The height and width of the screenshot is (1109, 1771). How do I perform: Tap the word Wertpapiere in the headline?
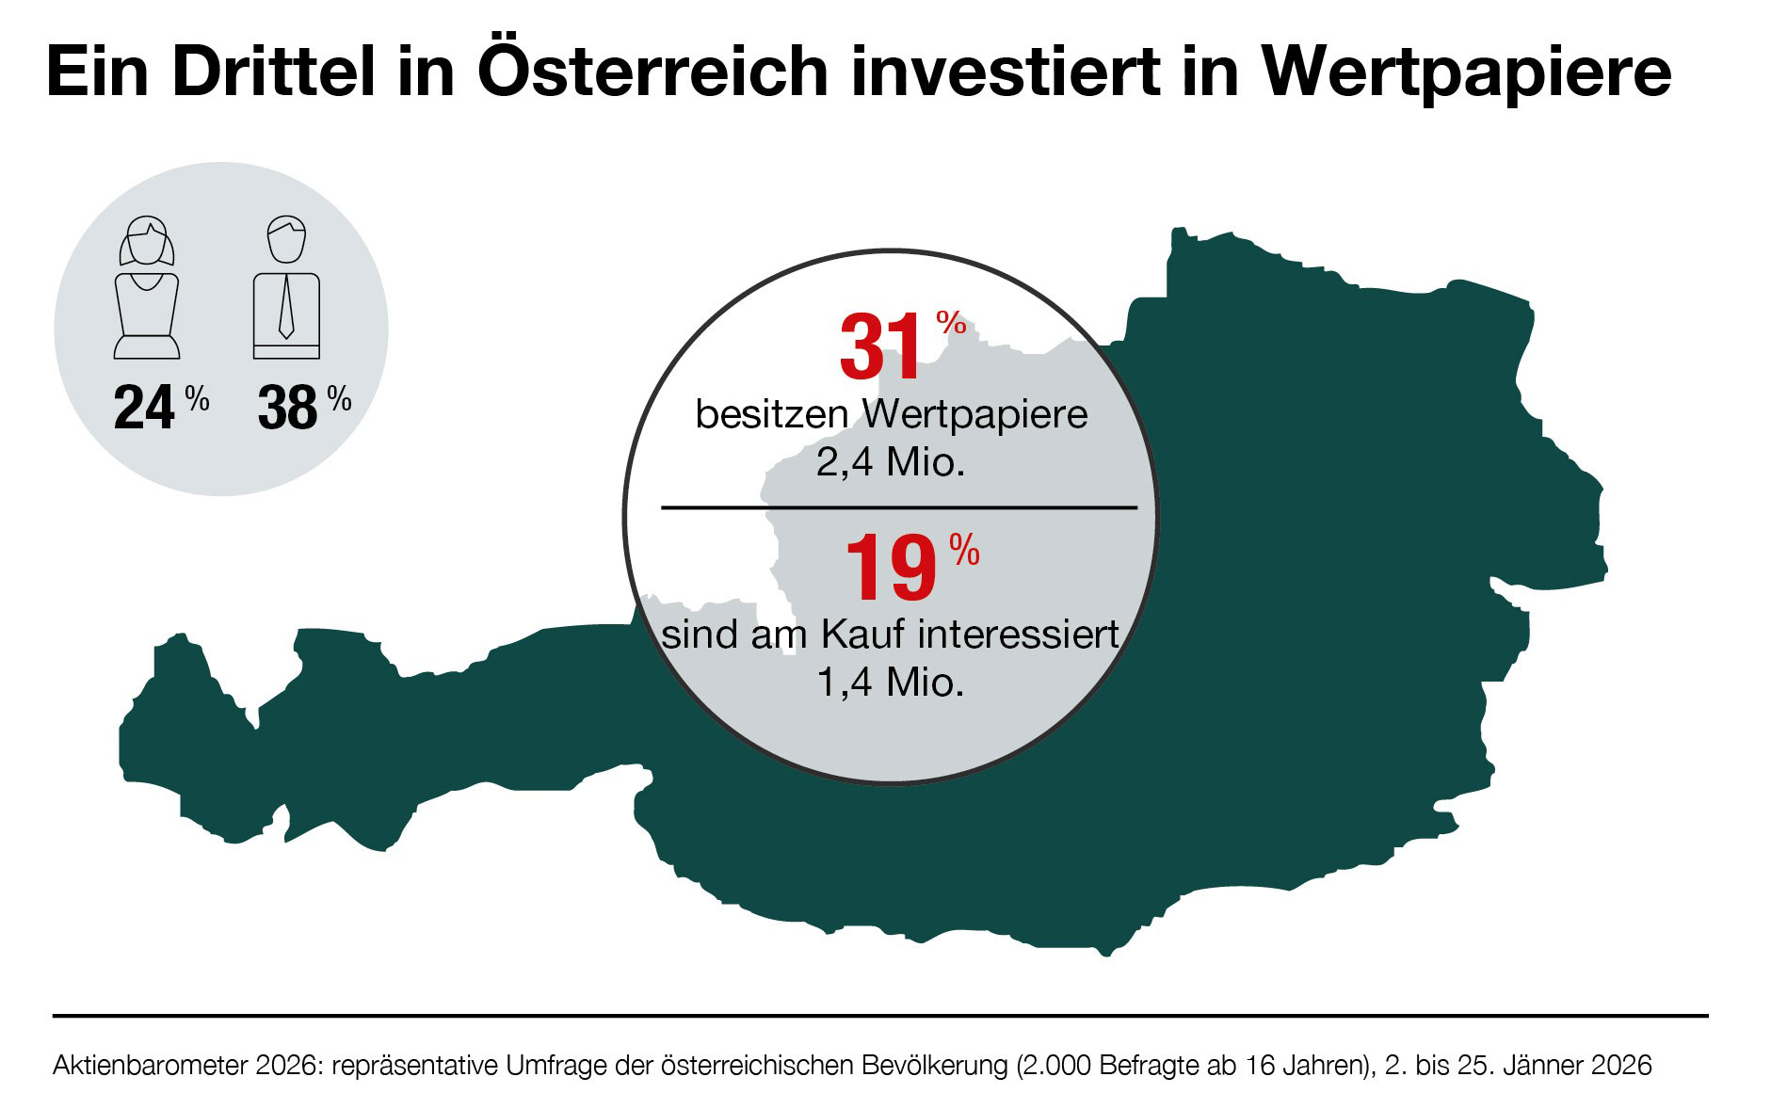1466,72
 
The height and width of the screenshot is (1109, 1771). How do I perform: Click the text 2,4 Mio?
891,463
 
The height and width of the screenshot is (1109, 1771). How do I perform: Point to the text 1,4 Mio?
891,683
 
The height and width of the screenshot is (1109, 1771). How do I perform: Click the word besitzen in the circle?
771,414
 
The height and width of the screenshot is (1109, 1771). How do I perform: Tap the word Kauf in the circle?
861,634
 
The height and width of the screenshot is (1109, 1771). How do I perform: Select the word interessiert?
1019,634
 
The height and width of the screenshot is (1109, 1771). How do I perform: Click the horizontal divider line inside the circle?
899,507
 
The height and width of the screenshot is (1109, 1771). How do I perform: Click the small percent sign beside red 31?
951,324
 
